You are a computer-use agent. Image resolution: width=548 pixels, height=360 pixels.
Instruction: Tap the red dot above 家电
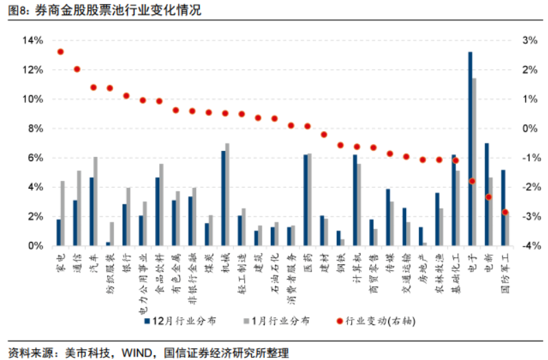point(60,52)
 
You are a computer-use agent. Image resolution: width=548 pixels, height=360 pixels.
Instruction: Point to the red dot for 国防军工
point(505,212)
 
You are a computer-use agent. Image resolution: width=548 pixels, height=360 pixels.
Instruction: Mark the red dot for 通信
point(77,69)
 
